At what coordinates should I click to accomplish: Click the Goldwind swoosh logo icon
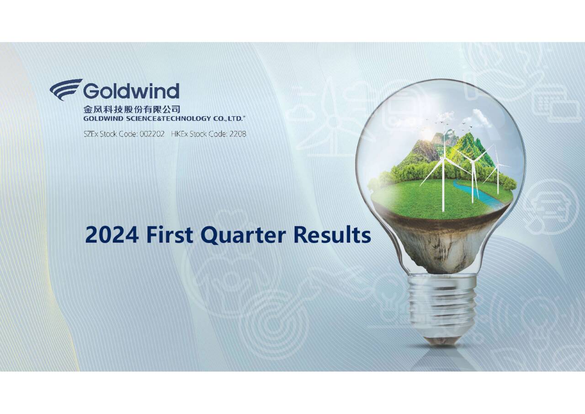pos(66,89)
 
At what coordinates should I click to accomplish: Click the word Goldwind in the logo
pos(131,91)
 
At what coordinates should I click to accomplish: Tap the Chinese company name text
pos(132,109)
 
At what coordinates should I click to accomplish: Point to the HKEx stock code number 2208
pos(237,134)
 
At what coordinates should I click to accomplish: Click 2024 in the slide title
pos(112,235)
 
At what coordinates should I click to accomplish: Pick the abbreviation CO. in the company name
pos(219,118)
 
